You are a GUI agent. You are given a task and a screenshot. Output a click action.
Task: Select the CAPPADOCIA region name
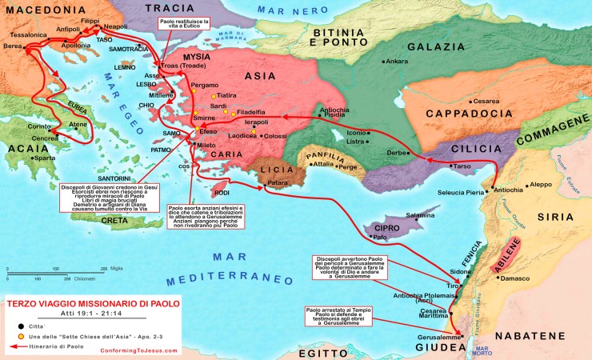(469, 114)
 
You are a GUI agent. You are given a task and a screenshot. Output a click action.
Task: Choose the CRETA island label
(114, 220)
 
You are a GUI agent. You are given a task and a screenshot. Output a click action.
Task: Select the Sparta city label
(45, 158)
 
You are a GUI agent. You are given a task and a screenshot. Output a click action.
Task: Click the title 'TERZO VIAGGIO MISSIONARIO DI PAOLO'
(92, 303)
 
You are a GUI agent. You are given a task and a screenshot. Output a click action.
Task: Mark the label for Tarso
(462, 166)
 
